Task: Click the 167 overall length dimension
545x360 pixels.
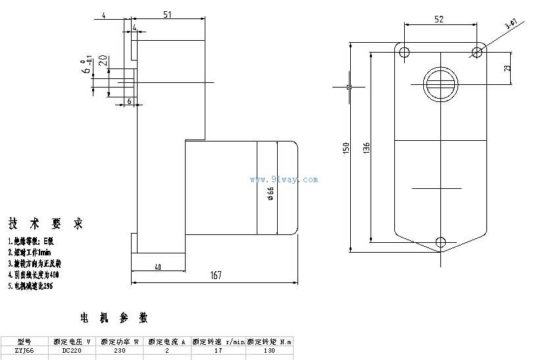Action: [215, 276]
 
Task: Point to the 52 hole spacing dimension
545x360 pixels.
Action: [438, 19]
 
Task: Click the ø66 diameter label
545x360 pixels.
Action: [271, 193]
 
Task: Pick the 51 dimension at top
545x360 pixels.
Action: [167, 14]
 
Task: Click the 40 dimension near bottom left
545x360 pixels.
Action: [158, 267]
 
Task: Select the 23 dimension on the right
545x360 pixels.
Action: [507, 68]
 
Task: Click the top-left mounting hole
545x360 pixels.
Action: [404, 51]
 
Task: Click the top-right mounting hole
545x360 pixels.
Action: [476, 51]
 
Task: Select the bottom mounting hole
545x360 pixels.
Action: [440, 242]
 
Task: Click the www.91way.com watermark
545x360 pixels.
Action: [284, 179]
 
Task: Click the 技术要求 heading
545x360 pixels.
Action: [46, 224]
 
